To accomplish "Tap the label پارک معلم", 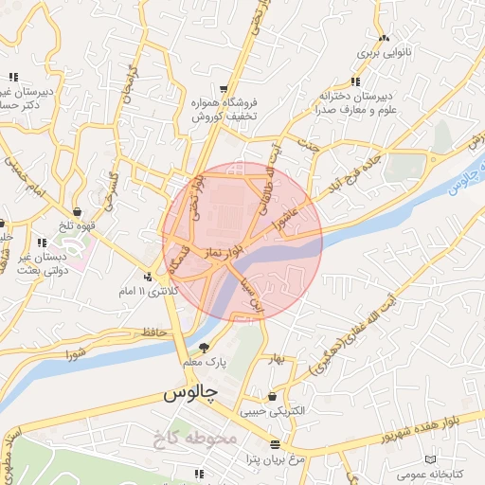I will [206, 362].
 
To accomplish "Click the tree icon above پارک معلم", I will [206, 347].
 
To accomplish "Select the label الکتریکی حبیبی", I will [274, 412].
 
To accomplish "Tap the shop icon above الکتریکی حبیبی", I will [274, 397].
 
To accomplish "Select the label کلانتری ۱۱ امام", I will [151, 293].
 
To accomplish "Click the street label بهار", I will [276, 359].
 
